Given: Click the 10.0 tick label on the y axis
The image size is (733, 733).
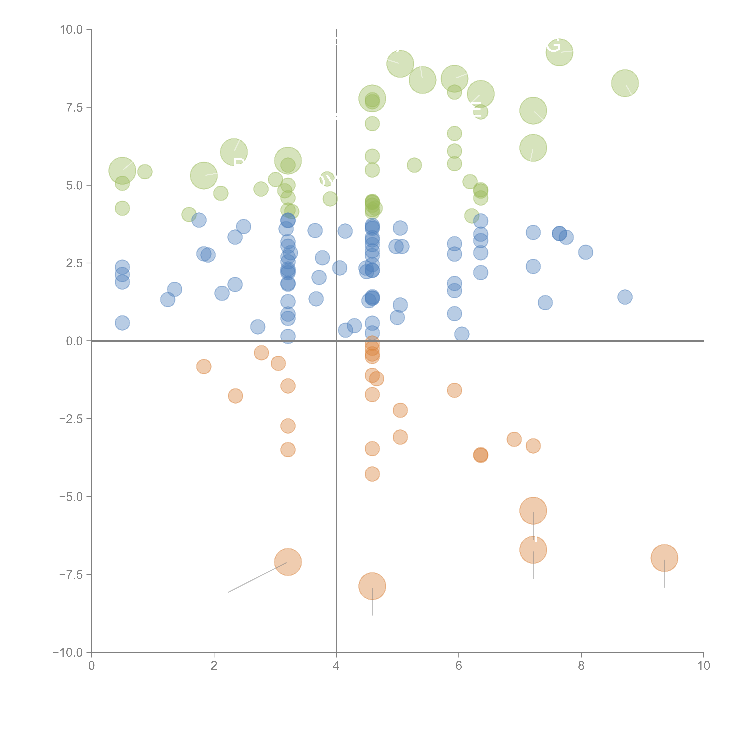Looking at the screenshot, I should pos(71,30).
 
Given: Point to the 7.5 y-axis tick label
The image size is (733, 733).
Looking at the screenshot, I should pos(74,107).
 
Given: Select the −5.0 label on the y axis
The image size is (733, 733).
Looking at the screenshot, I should pos(71,497).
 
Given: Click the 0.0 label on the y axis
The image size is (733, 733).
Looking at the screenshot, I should pos(74,341).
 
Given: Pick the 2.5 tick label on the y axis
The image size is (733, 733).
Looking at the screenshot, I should pos(74,263).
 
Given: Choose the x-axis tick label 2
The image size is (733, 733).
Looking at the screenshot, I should pos(214,666).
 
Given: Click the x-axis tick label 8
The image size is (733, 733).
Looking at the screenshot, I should pos(581,666).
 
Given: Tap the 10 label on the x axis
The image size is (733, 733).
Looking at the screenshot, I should pos(703,666).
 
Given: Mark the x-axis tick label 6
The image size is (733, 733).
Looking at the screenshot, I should pos(459,666).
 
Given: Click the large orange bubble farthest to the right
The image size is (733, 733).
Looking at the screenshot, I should pos(664,558).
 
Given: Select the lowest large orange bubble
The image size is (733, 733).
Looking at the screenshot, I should pos(372,586).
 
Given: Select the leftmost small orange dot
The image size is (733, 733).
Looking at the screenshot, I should pos(204,366).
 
